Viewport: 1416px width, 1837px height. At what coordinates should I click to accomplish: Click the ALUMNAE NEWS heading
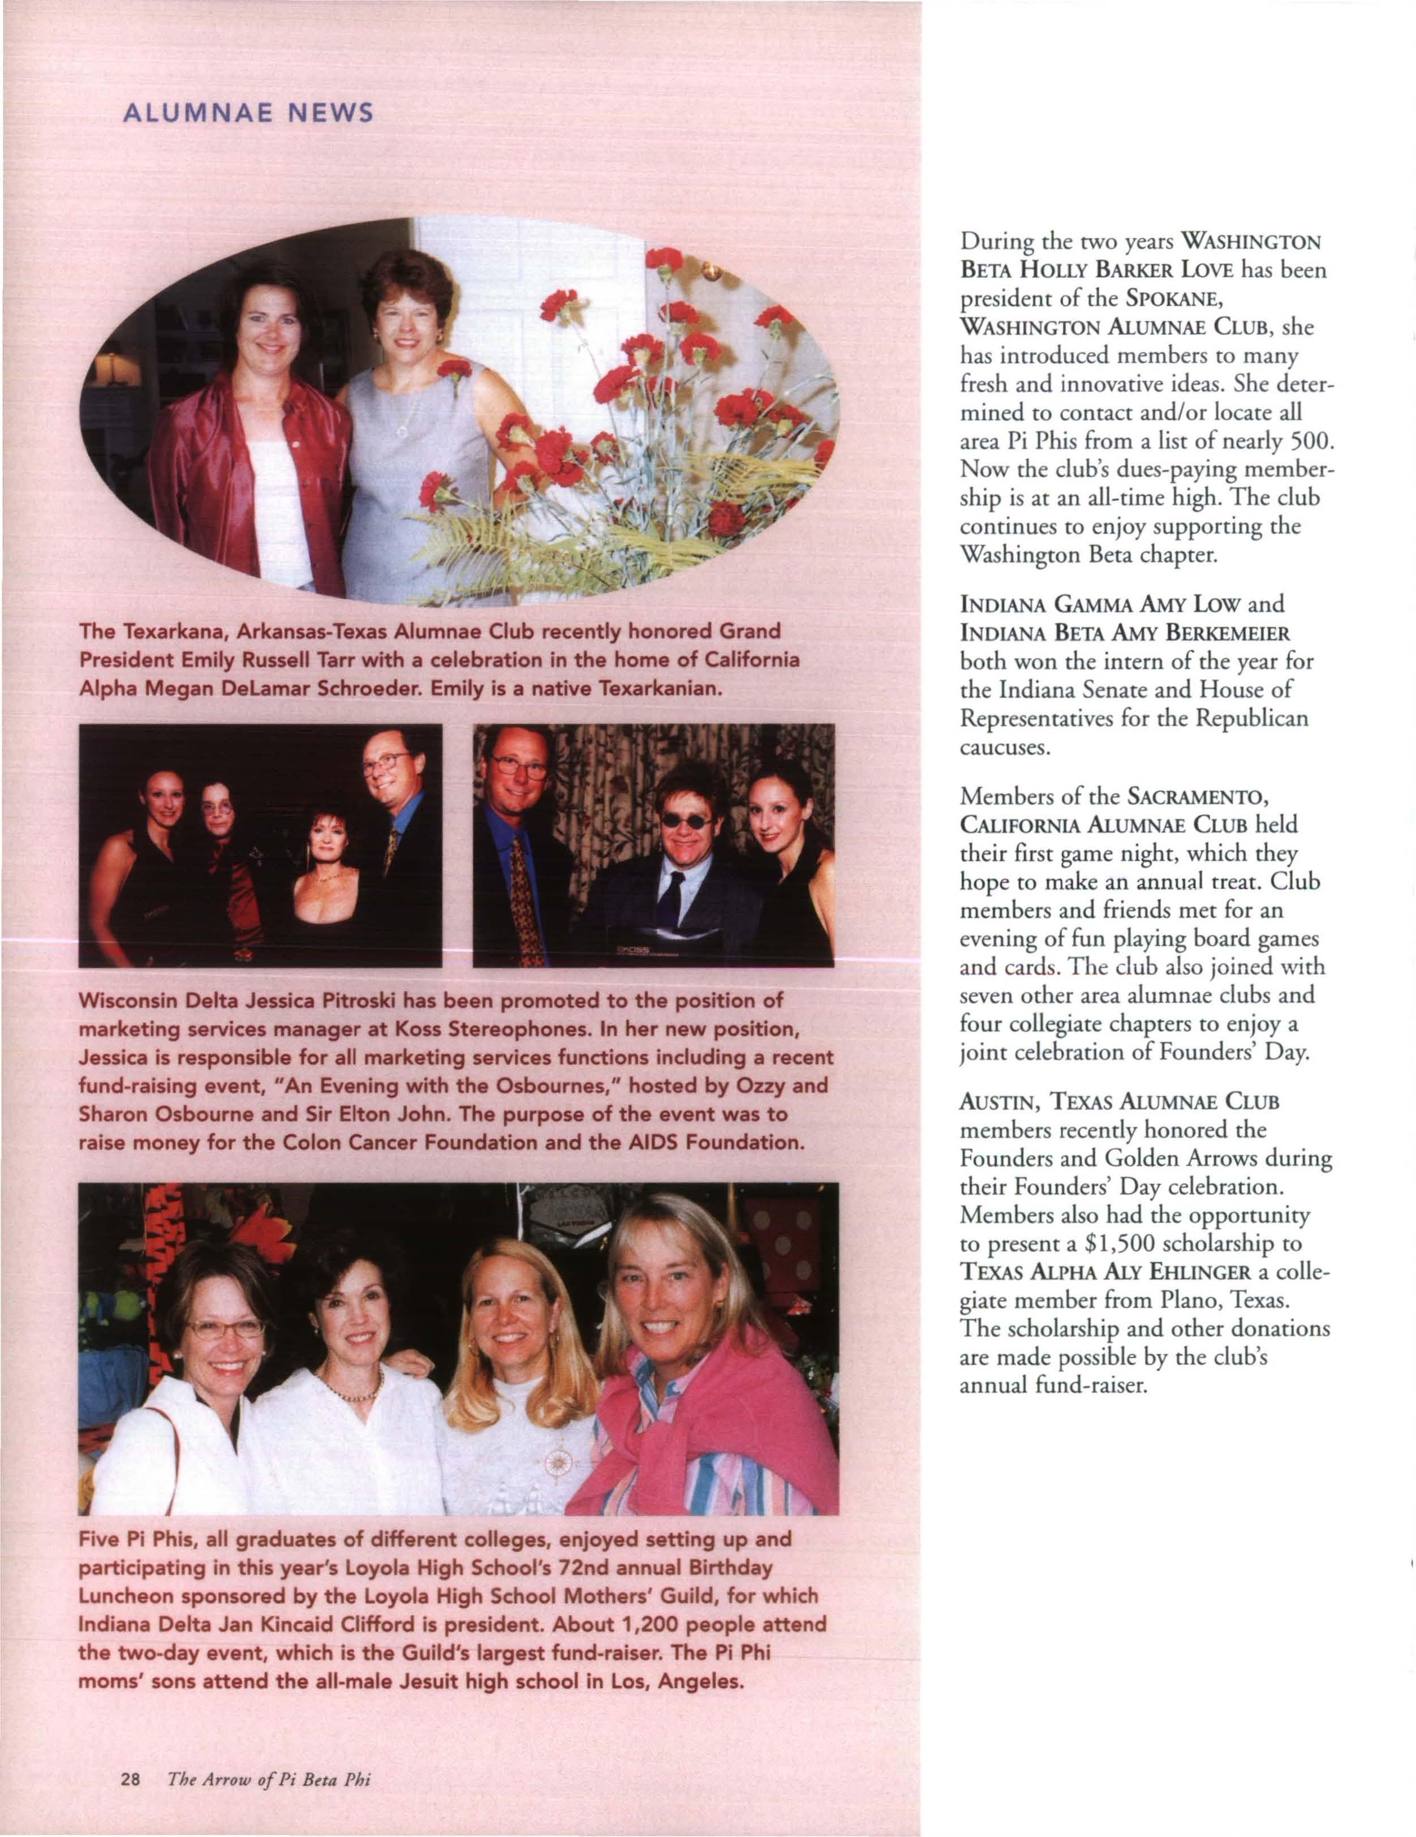point(248,113)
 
